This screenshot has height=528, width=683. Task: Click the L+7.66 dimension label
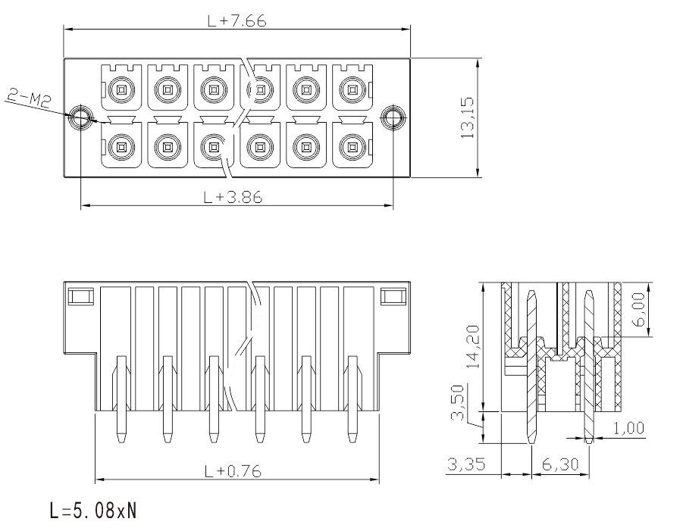[x=237, y=20]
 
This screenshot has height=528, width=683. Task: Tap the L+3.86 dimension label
[x=233, y=197]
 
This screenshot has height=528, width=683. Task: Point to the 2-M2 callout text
[x=29, y=98]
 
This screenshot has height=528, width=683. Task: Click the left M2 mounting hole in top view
[x=80, y=117]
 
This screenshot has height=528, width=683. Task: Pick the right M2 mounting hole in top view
[x=393, y=117]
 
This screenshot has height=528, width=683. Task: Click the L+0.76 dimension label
[x=233, y=470]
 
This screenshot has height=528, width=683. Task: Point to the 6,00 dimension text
[x=640, y=310]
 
